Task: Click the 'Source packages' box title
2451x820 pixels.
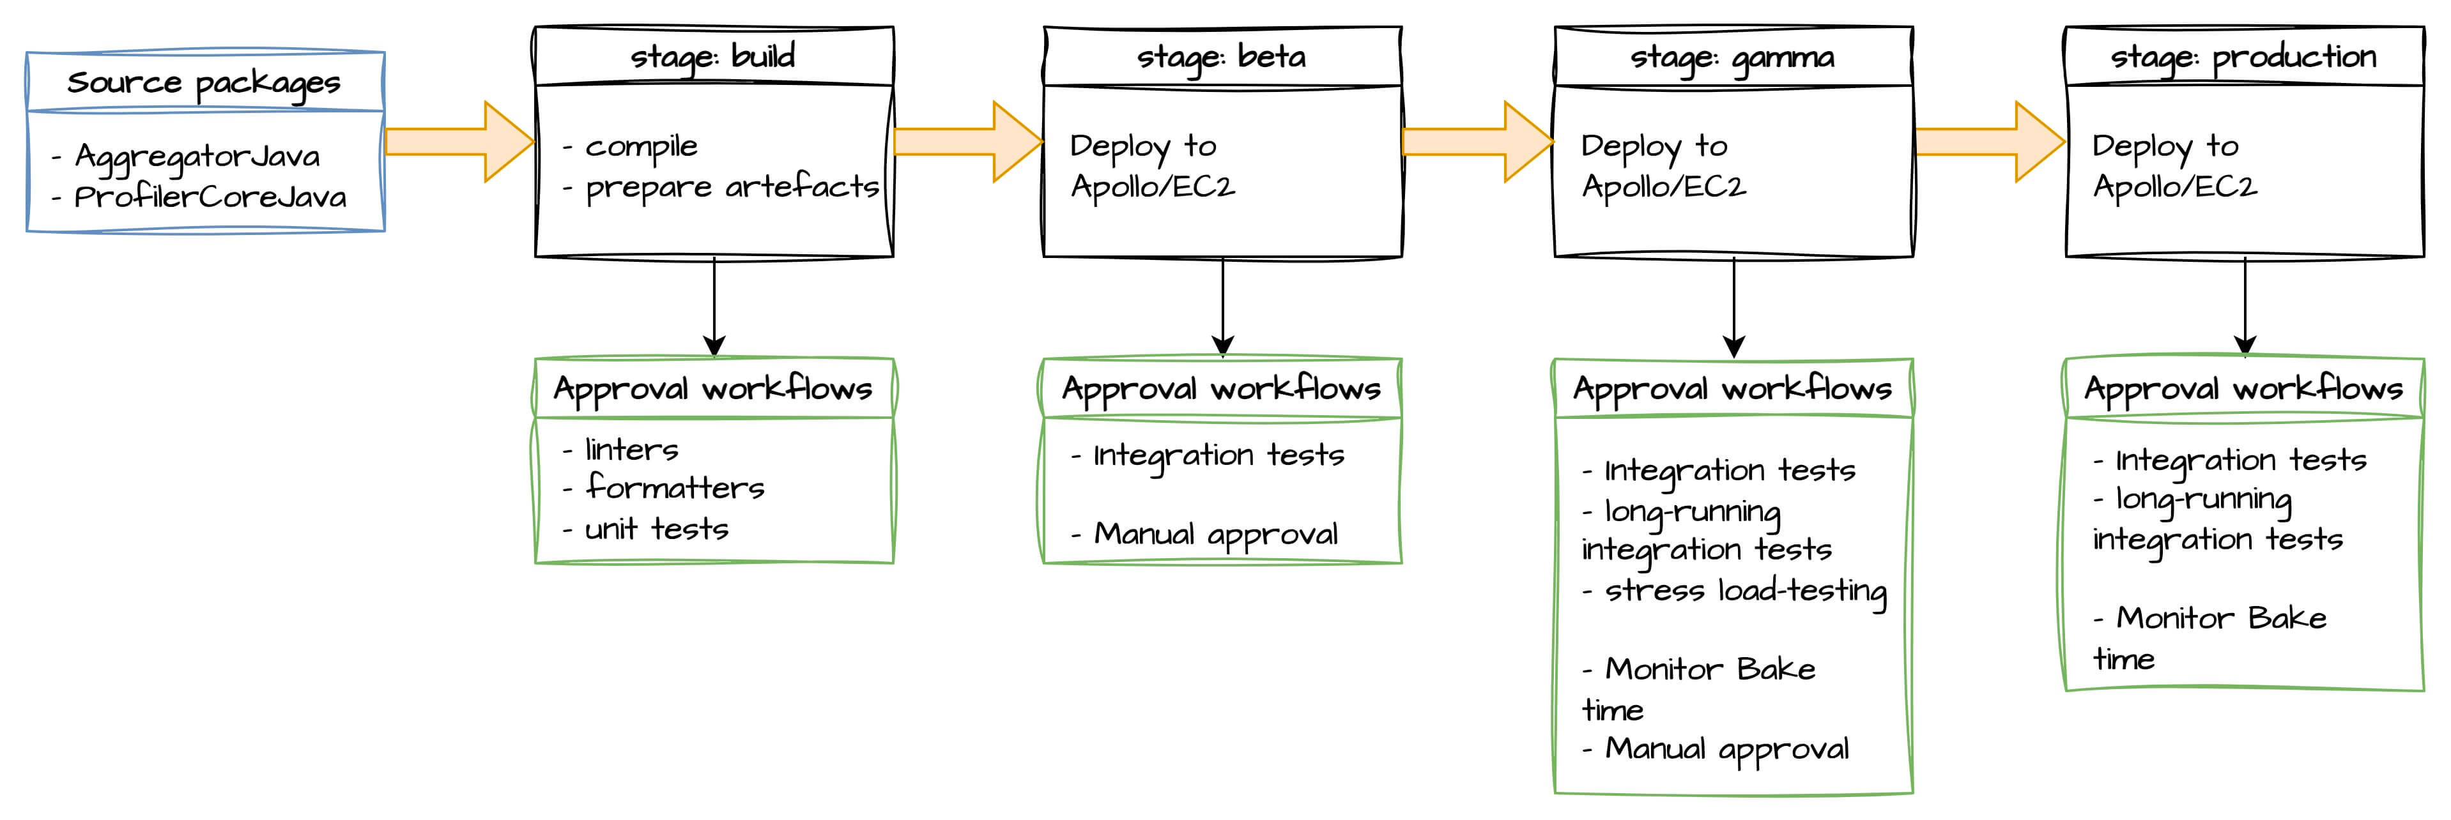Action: pyautogui.click(x=204, y=84)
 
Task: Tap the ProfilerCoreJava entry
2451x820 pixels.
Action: pyautogui.click(x=210, y=197)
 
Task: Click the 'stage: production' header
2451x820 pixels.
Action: pyautogui.click(x=2243, y=57)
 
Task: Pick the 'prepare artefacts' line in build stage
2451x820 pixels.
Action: pyautogui.click(x=732, y=187)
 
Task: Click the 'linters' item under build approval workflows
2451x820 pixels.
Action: pyautogui.click(x=631, y=449)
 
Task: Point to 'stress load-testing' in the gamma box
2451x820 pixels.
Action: pyautogui.click(x=1745, y=591)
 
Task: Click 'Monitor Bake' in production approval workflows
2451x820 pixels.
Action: pyautogui.click(x=2221, y=618)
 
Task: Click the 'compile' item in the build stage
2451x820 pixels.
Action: pyautogui.click(x=640, y=146)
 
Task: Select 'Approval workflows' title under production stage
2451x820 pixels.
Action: pyautogui.click(x=2243, y=389)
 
